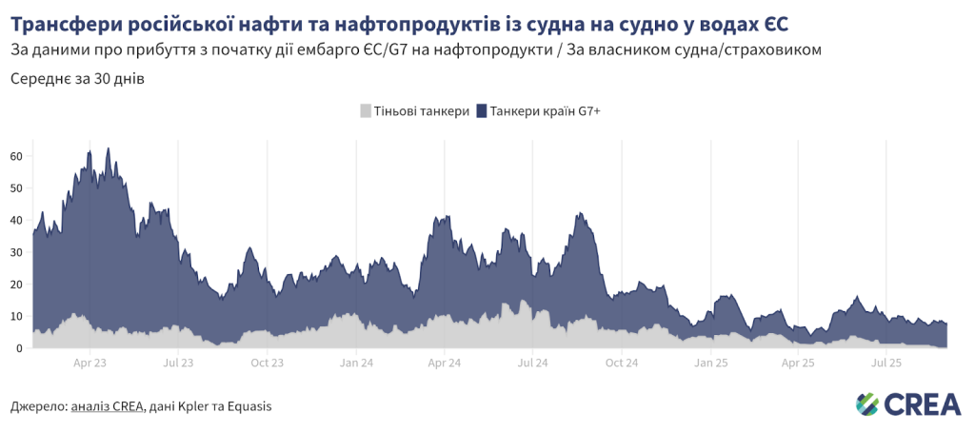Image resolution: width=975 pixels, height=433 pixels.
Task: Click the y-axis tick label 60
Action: coord(16,156)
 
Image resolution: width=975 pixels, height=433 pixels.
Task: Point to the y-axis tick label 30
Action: coord(16,252)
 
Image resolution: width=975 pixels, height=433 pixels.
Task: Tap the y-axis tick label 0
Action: coord(19,348)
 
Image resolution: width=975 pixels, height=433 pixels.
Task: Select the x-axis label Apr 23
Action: coord(90,363)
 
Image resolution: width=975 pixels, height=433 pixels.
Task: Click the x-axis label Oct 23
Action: coord(267,363)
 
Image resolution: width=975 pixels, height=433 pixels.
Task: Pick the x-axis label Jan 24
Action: coord(355,363)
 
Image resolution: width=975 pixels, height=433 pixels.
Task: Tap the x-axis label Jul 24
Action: coord(532,363)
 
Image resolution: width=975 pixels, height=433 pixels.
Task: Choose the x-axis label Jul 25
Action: coord(886,363)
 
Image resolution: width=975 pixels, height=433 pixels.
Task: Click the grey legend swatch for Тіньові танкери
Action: coord(366,111)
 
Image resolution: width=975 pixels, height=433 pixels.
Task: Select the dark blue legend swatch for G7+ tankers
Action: coord(482,111)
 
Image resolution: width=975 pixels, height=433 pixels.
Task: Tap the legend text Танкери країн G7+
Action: coord(545,111)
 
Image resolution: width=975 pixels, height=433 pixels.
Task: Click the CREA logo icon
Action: coord(867,403)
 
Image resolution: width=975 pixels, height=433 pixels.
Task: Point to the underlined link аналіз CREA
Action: coord(108,406)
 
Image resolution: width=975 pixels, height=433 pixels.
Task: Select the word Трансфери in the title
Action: coord(66,21)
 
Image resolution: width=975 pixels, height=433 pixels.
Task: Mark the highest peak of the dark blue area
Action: coord(108,148)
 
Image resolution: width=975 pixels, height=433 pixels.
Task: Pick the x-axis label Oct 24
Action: coord(621,363)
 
